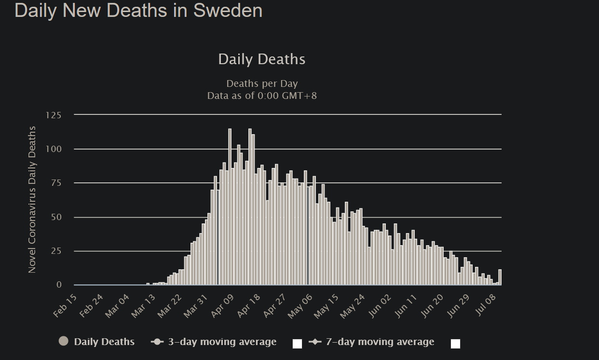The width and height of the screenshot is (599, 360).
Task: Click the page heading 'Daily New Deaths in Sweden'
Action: point(138,11)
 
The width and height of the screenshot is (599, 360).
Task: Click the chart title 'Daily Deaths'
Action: point(261,59)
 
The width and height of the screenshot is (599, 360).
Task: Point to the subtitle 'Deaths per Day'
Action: point(262,83)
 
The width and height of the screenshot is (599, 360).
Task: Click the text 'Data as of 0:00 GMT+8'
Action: point(262,96)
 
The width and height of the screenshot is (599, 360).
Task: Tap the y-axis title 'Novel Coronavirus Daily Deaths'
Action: point(32,199)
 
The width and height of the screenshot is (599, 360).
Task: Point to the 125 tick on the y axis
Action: point(54,115)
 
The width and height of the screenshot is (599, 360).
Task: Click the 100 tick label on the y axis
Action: point(54,149)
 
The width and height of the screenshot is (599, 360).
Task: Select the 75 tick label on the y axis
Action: point(55,183)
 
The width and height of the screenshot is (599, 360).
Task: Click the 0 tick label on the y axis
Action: point(59,285)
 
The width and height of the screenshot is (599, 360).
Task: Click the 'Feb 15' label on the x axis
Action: point(66,306)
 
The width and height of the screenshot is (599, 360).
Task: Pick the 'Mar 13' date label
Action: point(144,306)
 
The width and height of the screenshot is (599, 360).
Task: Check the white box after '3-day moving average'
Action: point(297,344)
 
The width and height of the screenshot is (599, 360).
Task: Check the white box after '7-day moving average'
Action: point(455,344)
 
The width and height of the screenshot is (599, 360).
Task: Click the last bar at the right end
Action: point(500,277)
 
